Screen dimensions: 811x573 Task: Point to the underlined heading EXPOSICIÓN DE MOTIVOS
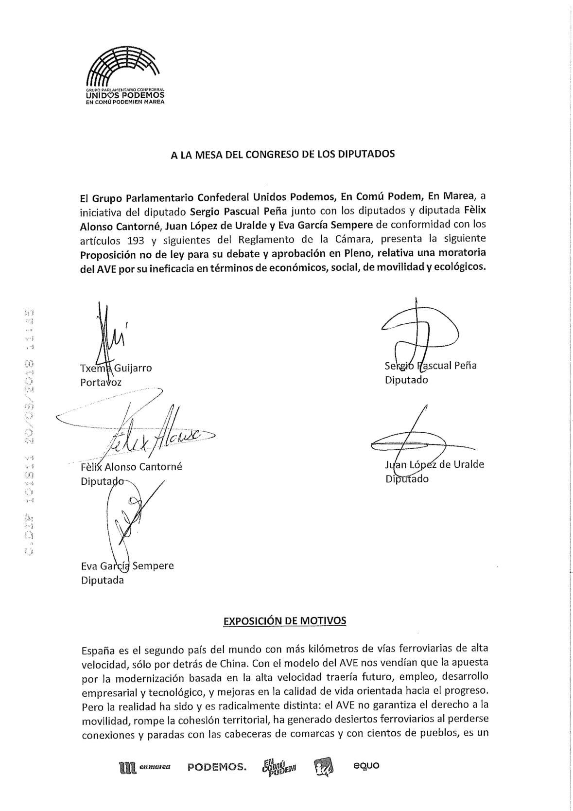(284, 621)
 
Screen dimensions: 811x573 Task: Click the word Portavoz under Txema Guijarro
(101, 382)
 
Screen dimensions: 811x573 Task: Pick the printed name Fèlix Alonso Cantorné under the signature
(131, 467)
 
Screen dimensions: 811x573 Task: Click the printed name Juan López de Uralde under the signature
(434, 464)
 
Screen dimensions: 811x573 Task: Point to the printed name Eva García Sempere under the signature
(127, 565)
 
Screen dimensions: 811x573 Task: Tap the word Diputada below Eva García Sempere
(102, 580)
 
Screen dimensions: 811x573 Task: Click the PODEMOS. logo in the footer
(217, 768)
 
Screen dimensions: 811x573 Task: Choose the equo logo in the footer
(366, 765)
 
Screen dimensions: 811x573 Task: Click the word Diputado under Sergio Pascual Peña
(406, 380)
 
